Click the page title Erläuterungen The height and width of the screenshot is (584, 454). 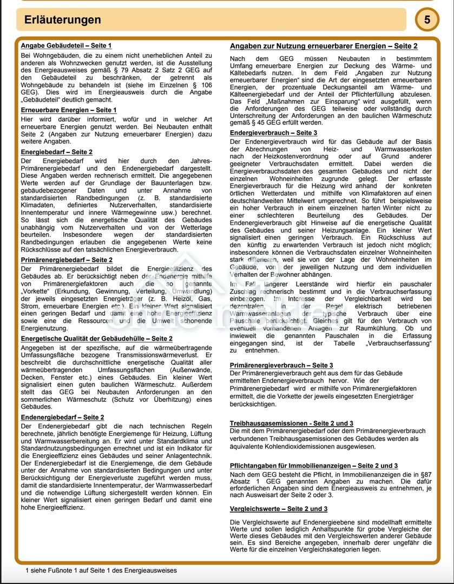(x=63, y=20)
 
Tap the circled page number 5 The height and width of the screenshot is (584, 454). (x=427, y=20)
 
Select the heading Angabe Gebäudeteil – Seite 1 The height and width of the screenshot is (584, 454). (x=66, y=45)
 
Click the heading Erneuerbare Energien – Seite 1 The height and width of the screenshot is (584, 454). (x=69, y=110)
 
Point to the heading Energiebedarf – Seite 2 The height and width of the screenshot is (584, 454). (x=56, y=152)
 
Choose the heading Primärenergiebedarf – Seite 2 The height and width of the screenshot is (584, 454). (x=67, y=260)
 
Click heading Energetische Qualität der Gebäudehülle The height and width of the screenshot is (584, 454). (x=96, y=339)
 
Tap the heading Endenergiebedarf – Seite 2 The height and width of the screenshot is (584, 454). (x=63, y=417)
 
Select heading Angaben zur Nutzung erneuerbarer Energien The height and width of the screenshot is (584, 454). (x=324, y=47)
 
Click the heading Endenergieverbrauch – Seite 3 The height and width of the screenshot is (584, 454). (x=273, y=132)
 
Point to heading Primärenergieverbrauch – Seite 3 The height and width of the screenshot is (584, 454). (x=281, y=366)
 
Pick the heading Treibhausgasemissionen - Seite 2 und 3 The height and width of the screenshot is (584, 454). (x=291, y=423)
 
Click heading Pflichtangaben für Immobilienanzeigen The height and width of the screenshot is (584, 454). (x=313, y=466)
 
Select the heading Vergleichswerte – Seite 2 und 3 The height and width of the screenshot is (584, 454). (x=278, y=509)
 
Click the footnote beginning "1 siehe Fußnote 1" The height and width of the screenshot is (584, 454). (x=101, y=570)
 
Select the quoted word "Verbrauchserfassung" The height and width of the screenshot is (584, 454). (x=399, y=343)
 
